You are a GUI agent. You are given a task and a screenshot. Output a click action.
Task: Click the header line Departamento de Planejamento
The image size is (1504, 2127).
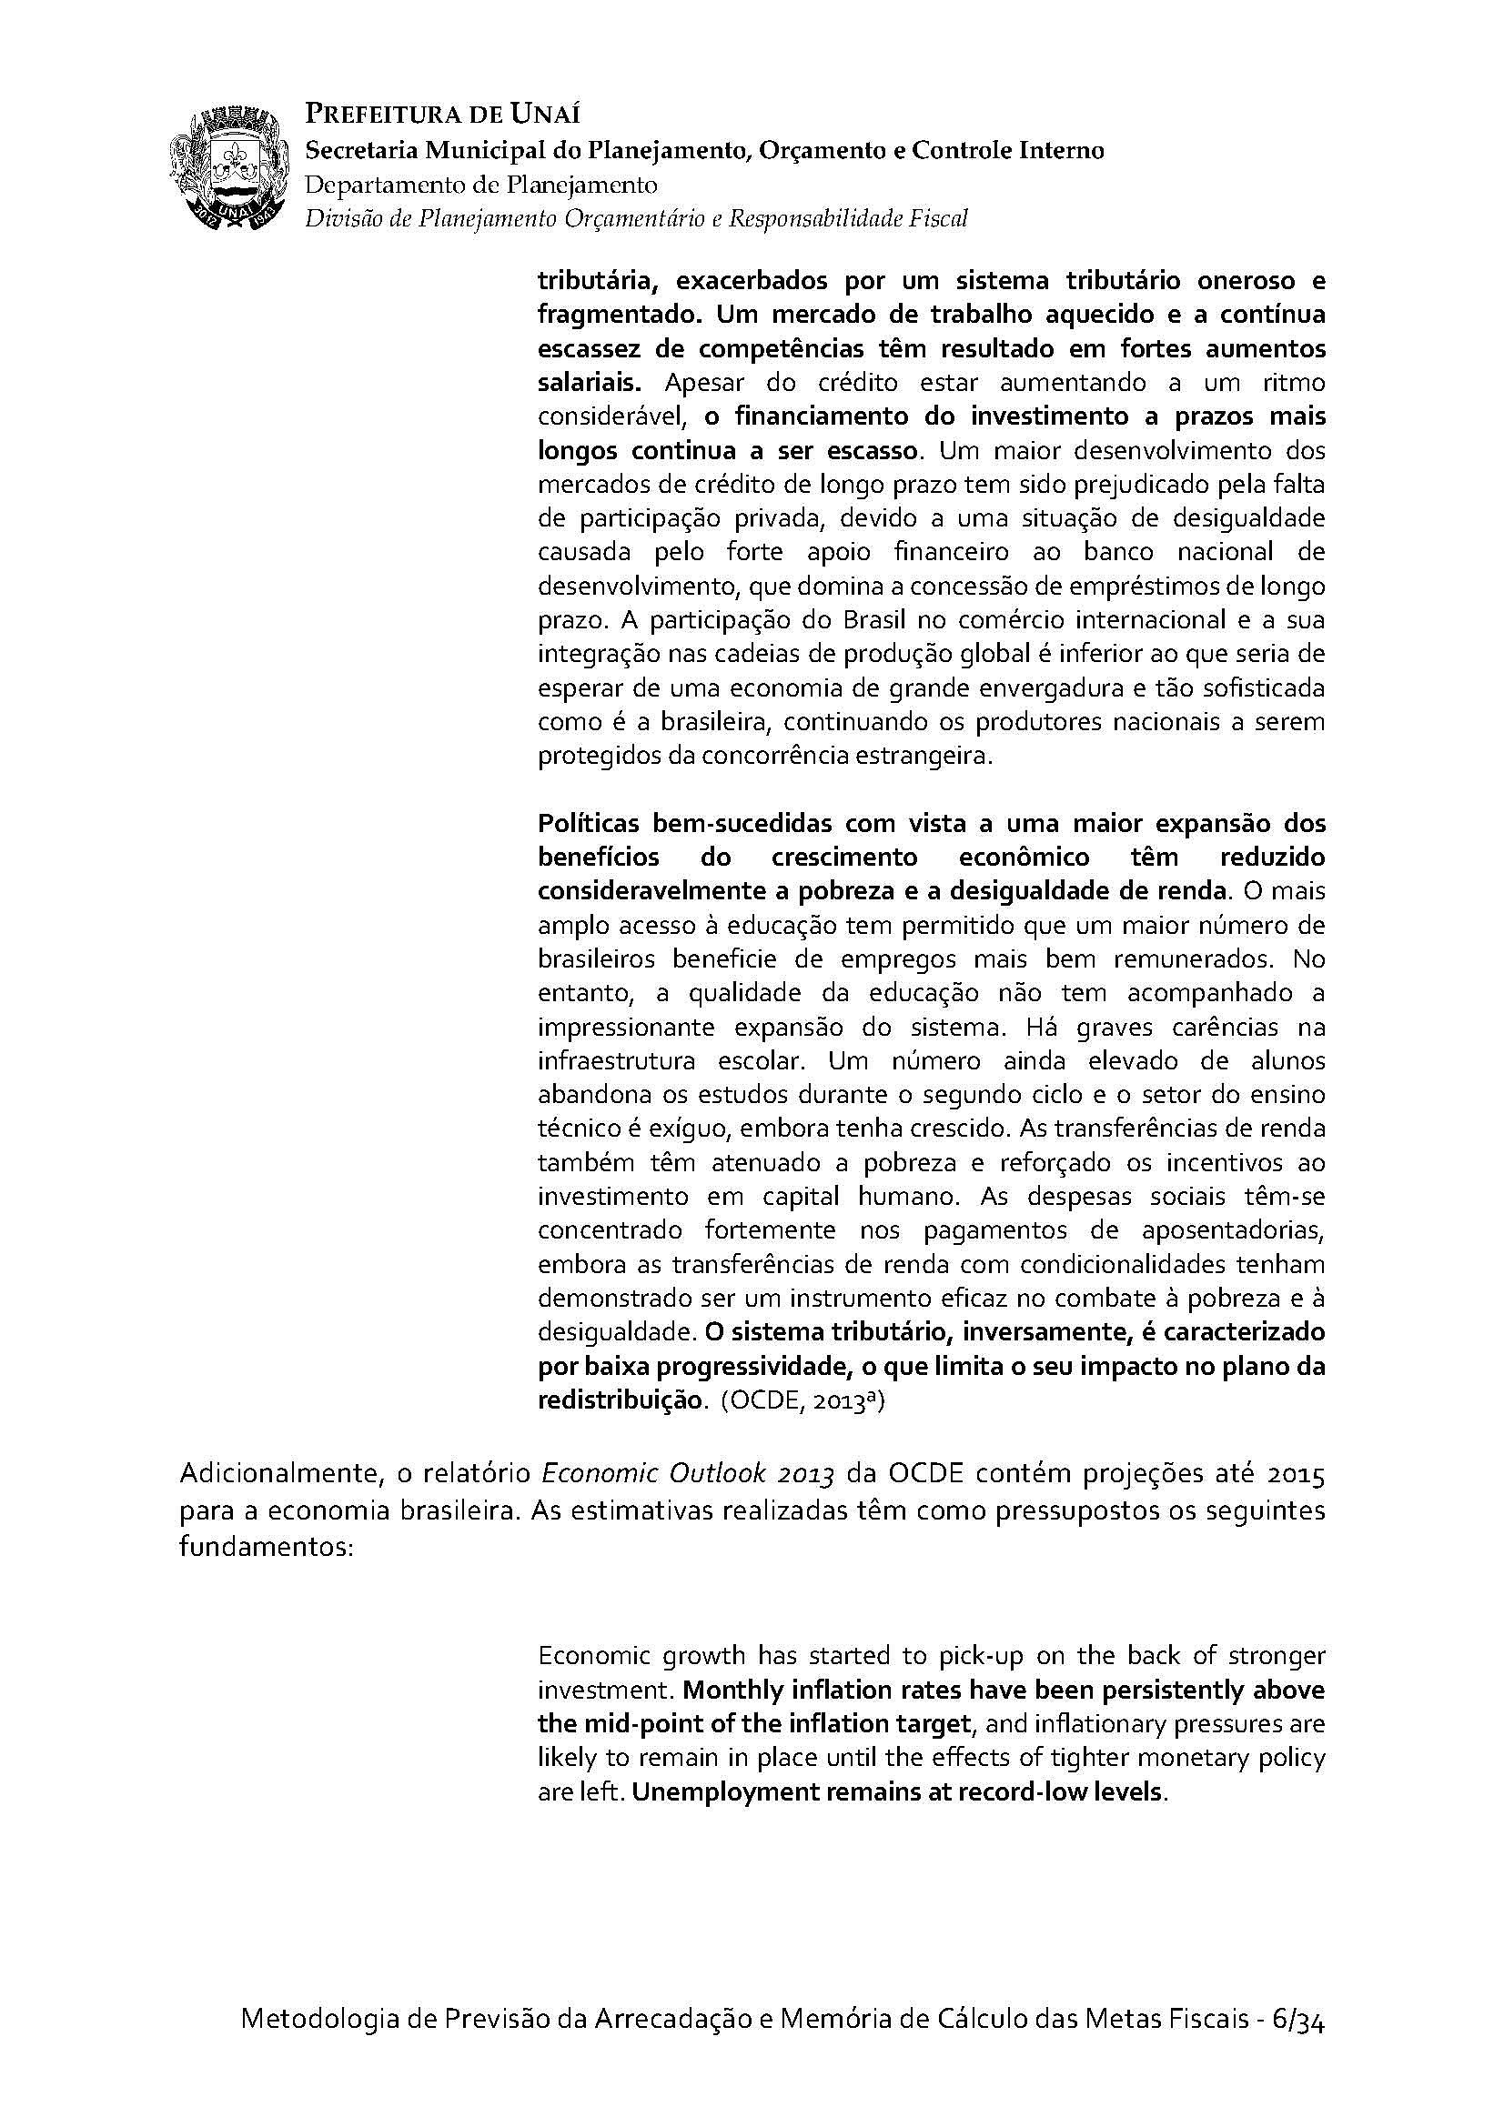[481, 185]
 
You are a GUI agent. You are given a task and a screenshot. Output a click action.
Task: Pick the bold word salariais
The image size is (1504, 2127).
[586, 383]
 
